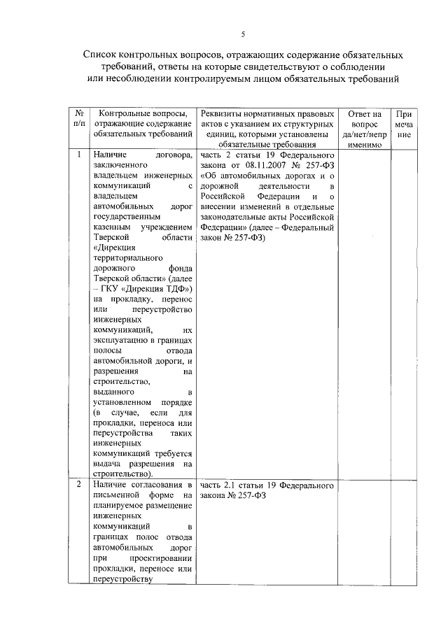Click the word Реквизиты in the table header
point(221,113)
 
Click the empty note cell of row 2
point(404,532)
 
